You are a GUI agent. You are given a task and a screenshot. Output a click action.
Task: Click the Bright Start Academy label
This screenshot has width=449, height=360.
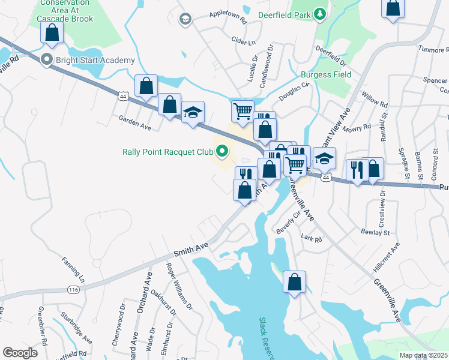tap(95, 60)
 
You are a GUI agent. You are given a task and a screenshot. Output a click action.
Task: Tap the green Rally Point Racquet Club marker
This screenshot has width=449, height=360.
tap(221, 152)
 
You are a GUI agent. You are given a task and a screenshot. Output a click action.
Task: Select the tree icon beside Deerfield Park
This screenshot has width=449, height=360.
tap(321, 13)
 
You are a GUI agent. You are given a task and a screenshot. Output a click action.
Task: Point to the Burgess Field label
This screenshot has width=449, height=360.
tap(326, 75)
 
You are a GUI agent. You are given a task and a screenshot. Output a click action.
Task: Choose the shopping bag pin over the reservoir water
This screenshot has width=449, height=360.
tap(294, 282)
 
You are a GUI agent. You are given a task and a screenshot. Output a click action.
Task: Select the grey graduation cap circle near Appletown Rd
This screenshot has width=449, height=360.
tap(185, 19)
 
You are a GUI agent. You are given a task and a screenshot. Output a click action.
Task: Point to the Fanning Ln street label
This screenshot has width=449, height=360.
tap(74, 271)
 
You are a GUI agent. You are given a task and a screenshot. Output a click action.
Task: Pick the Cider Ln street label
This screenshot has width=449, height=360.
tap(243, 43)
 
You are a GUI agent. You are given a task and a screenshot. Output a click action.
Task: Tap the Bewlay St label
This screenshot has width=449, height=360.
tap(375, 232)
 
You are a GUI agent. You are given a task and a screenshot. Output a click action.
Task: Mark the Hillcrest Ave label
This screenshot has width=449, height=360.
tap(389, 257)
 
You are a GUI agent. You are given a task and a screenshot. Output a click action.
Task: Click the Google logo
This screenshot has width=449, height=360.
tap(20, 353)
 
